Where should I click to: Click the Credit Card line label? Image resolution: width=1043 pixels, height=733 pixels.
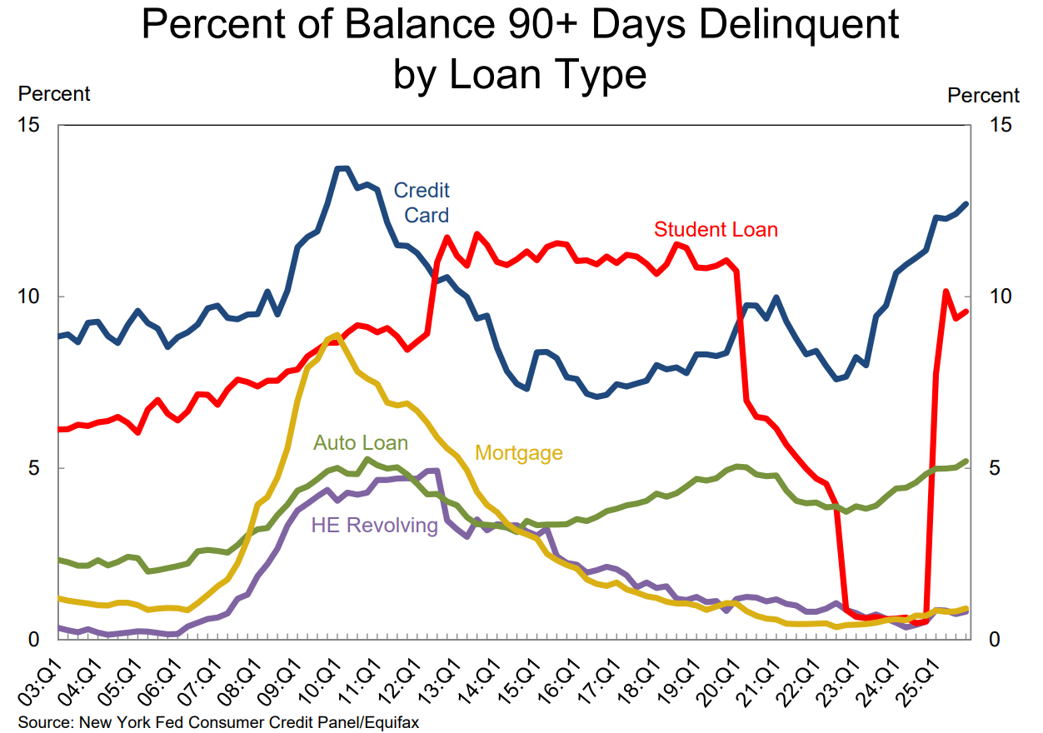coord(422,202)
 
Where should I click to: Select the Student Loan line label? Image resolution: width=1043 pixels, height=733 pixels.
coord(716,229)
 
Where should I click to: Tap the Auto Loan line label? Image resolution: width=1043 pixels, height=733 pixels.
coord(361,442)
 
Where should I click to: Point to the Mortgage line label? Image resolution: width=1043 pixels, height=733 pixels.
coord(519,453)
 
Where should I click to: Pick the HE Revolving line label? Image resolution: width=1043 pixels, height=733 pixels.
coord(374,525)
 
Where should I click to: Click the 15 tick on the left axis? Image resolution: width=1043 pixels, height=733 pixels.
coord(30,125)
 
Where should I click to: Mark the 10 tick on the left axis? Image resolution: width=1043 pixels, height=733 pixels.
coord(30,297)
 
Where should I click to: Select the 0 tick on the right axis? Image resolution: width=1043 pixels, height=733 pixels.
coord(994,640)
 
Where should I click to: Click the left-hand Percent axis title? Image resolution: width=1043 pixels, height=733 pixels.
coord(54,93)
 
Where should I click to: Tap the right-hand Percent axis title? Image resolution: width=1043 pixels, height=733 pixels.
coord(983,96)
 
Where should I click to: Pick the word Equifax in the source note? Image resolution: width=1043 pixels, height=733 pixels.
coord(391,722)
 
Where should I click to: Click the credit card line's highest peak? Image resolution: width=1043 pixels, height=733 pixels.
coord(342,169)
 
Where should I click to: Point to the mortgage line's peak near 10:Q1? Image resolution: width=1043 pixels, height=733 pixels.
coord(337,335)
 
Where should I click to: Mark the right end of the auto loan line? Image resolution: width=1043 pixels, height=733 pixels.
coord(966,461)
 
